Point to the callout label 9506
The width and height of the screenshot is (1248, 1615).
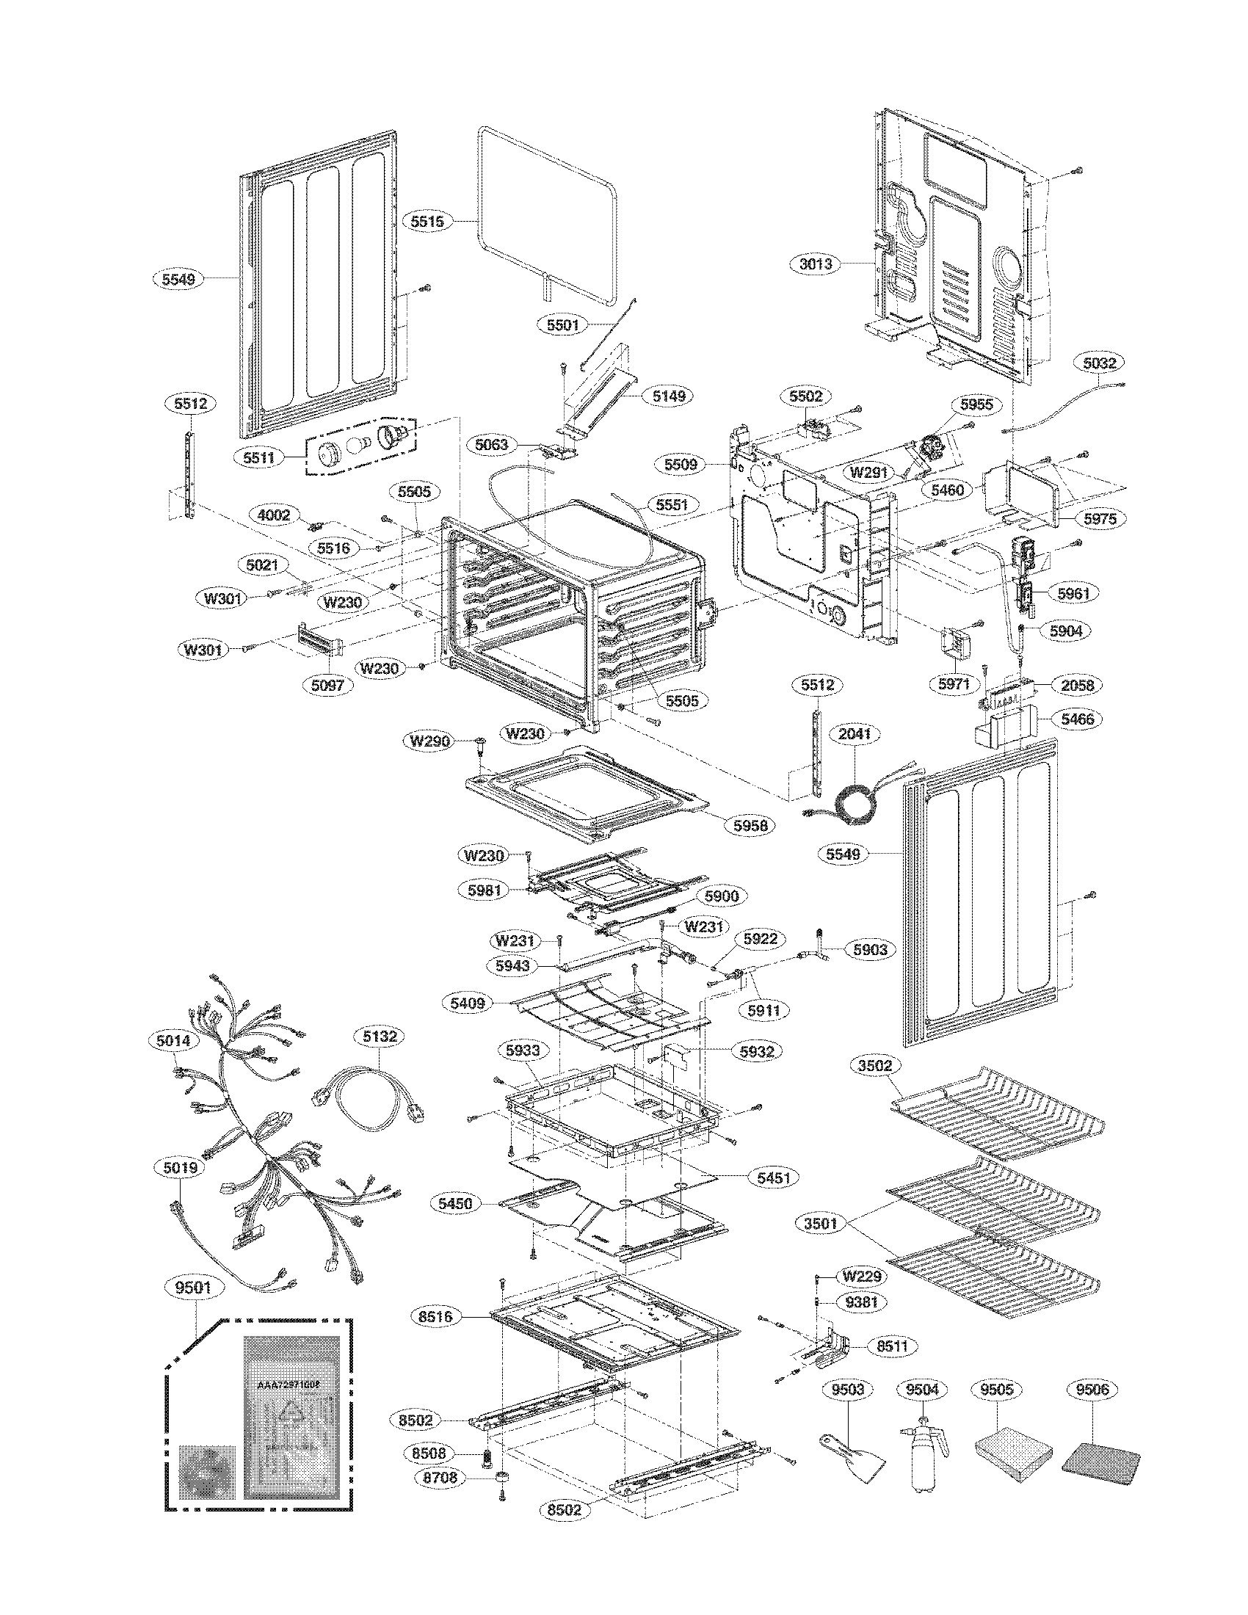pyautogui.click(x=1093, y=1390)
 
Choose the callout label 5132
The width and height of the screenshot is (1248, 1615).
pyautogui.click(x=380, y=1036)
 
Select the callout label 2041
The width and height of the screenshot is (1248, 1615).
pyautogui.click(x=855, y=735)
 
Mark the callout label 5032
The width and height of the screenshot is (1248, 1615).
pyautogui.click(x=1099, y=363)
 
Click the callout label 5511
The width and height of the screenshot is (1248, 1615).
pyautogui.click(x=258, y=457)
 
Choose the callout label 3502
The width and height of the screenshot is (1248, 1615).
pyautogui.click(x=875, y=1066)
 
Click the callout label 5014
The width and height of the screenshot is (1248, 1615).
pyautogui.click(x=174, y=1040)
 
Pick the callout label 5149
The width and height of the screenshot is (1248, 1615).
pyautogui.click(x=668, y=396)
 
